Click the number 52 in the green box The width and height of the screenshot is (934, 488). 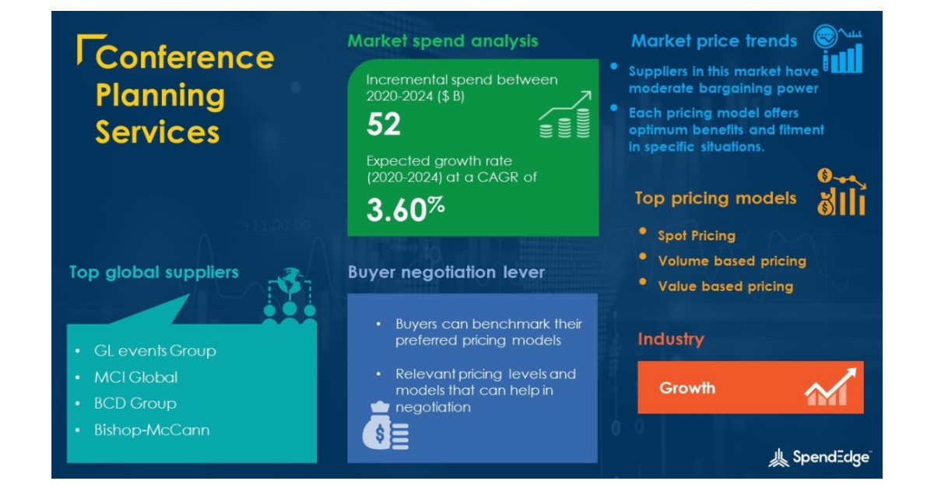pos(384,125)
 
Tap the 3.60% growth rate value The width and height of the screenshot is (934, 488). pos(406,211)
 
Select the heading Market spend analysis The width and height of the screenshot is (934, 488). pos(442,40)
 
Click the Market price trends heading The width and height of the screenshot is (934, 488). pos(714,40)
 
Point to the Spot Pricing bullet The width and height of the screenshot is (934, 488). pos(696,236)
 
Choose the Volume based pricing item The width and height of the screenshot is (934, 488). pos(732,262)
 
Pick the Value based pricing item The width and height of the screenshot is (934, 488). pos(725,286)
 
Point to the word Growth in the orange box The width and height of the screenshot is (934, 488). pos(687,388)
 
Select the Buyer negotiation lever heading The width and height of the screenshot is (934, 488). pos(446,272)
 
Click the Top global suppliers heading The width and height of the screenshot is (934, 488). pos(153,272)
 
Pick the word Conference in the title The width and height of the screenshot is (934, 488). pos(184,58)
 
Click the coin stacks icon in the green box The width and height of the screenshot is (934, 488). pos(564,117)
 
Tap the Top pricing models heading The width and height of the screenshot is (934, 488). pos(715,198)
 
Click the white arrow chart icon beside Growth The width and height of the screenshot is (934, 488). pos(830,387)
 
